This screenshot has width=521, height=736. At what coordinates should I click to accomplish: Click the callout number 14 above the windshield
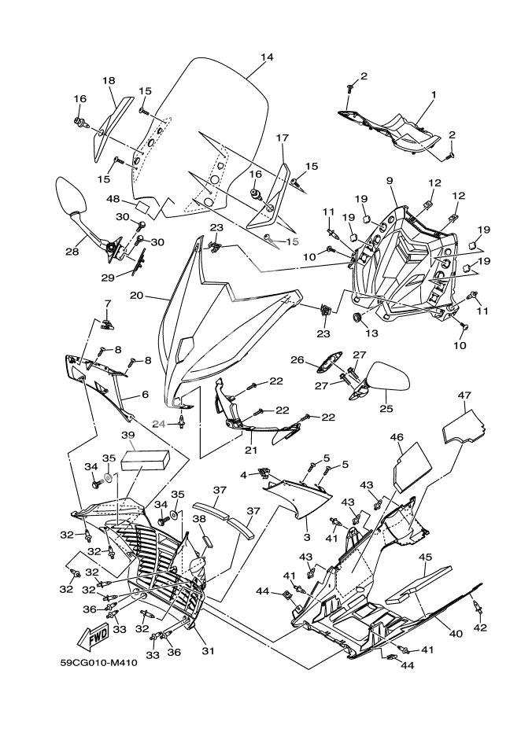tap(267, 57)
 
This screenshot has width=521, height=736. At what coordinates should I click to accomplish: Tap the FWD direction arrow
tap(94, 636)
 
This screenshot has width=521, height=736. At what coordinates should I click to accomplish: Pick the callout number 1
tap(432, 94)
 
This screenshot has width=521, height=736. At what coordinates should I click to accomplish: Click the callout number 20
tap(157, 298)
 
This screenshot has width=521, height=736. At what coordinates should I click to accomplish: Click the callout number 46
tap(397, 437)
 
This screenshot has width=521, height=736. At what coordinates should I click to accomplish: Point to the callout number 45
tap(425, 557)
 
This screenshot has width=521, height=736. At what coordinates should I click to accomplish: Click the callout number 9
tap(389, 181)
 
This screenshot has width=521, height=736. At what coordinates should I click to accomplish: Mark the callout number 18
tap(109, 80)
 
